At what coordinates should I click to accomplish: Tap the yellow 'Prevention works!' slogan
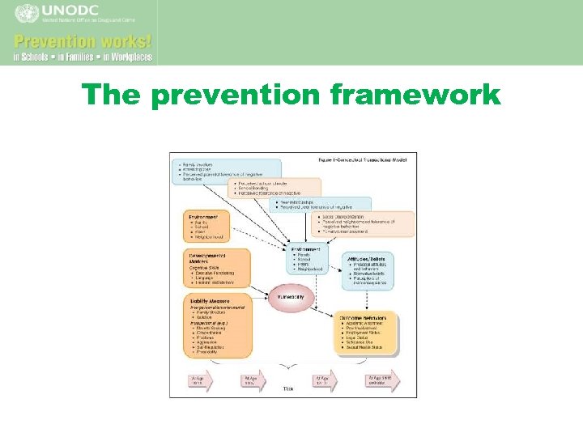tap(83, 40)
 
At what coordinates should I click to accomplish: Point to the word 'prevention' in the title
tap(237, 95)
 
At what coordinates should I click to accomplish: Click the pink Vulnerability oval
tap(291, 297)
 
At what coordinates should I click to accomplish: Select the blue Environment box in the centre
tap(306, 259)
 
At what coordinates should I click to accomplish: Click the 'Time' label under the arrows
tap(287, 389)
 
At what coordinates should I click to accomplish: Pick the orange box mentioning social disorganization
tap(362, 224)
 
